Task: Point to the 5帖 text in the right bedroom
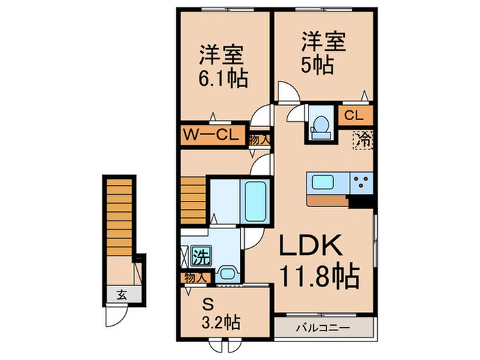(x=316, y=66)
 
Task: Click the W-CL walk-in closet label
(x=210, y=135)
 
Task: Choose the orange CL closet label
(x=354, y=115)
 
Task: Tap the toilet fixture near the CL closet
(x=319, y=123)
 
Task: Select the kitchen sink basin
(x=323, y=183)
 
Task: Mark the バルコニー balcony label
(x=325, y=326)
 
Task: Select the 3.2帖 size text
(x=221, y=322)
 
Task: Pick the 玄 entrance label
(x=121, y=296)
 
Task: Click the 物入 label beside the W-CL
(x=260, y=138)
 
